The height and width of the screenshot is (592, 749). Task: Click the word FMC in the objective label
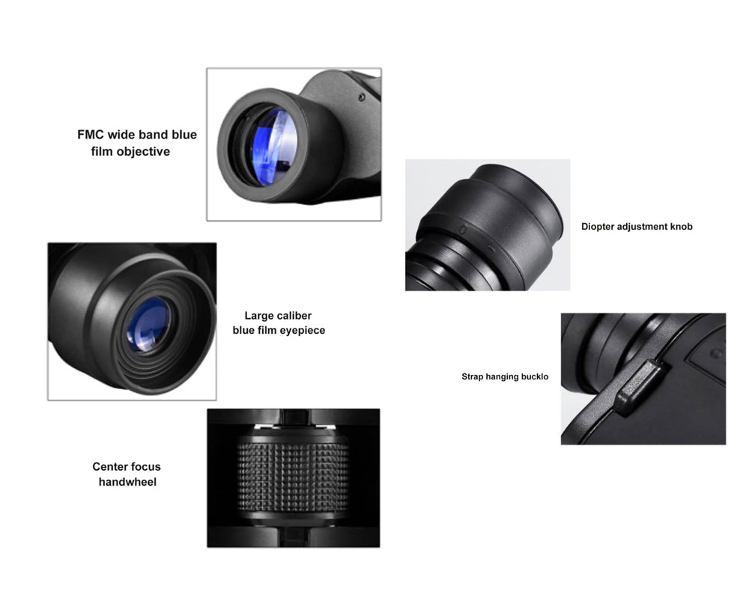[x=91, y=135]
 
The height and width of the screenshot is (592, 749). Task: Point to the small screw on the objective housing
[x=362, y=97]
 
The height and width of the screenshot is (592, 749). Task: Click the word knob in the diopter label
[x=681, y=226]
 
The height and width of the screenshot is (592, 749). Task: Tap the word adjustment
[x=642, y=227]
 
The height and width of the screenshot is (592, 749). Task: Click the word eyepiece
[x=303, y=331]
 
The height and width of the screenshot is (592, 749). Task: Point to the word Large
[x=257, y=316]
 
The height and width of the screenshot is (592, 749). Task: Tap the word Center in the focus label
[x=109, y=466]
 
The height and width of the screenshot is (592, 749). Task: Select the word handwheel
[x=127, y=482]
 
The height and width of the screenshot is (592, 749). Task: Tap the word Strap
[x=473, y=376]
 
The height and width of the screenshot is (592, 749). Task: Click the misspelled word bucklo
[x=535, y=376]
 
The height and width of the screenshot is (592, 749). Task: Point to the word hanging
[x=502, y=377]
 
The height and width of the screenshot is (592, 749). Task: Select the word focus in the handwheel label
[x=145, y=466]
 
